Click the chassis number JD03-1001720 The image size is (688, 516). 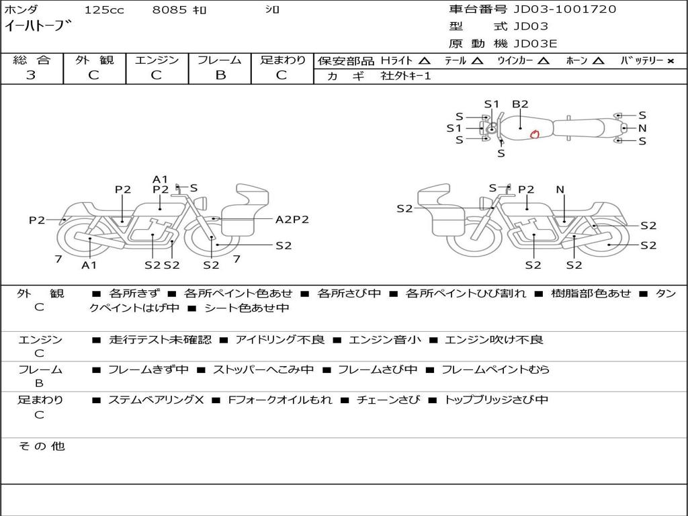coord(564,9)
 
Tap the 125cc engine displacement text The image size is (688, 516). coord(104,9)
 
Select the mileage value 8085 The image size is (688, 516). coord(169,9)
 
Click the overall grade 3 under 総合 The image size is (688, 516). coord(31,75)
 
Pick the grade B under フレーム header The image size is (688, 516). coord(220,75)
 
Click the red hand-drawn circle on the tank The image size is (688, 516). coord(534,134)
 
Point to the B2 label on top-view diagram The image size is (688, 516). coord(520,104)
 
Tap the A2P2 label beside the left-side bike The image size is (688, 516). coord(292,220)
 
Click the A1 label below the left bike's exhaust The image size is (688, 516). coord(89,265)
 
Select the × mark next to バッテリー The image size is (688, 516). coord(670,61)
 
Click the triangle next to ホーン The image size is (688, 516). coord(597,60)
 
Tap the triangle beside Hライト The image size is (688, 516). coord(425,60)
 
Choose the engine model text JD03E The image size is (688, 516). coord(535,44)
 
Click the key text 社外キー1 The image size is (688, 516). coord(406,76)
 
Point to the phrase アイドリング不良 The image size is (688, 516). coord(280,339)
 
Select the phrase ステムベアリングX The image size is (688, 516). coord(156,400)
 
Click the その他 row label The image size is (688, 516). coord(42,446)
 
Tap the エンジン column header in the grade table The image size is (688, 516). coord(157,60)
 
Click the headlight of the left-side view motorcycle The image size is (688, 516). coord(202,203)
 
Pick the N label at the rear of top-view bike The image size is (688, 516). coord(642,128)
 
